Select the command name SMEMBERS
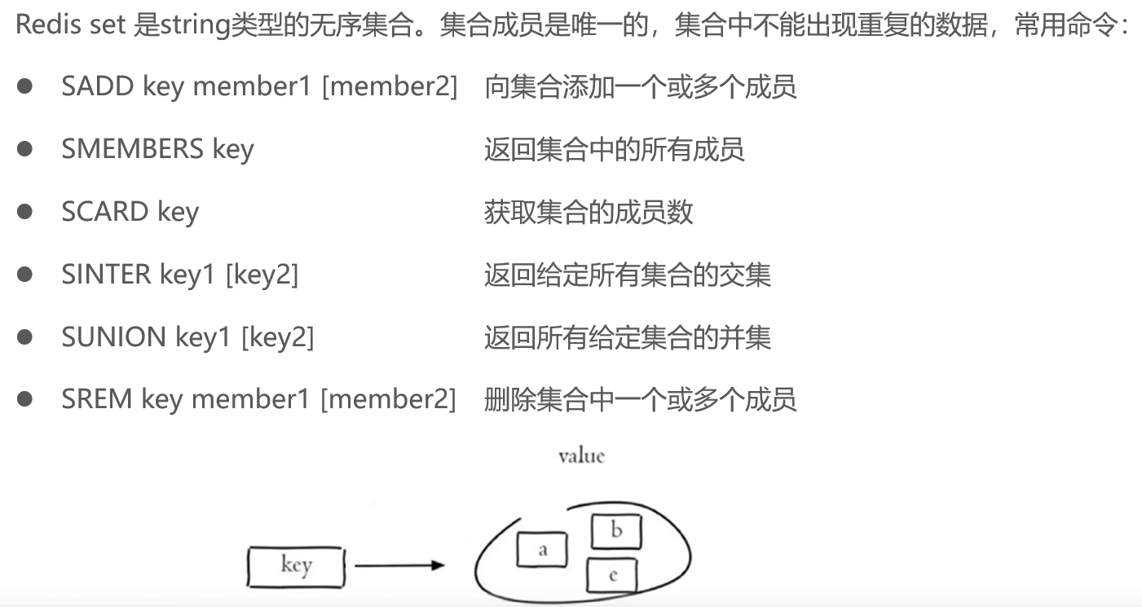click(132, 149)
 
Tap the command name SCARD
click(104, 212)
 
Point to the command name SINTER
click(106, 275)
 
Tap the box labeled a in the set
click(542, 551)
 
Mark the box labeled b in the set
click(616, 532)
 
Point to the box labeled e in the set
click(612, 576)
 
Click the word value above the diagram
click(581, 455)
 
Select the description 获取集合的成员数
click(588, 212)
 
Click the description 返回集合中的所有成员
click(614, 149)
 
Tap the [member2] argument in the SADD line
click(390, 86)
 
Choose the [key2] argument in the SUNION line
click(277, 336)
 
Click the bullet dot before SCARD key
click(25, 212)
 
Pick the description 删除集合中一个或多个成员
click(640, 399)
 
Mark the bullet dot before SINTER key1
click(25, 275)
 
